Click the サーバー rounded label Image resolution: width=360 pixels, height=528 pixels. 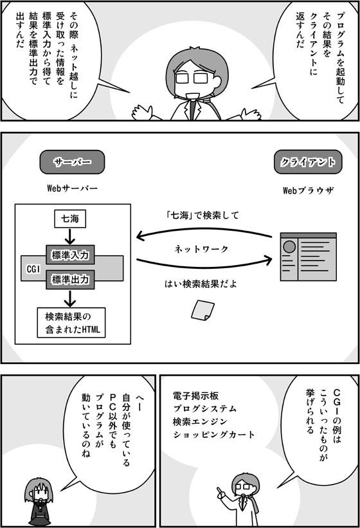[x=72, y=162]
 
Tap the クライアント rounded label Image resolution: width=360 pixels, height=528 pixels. [x=308, y=162]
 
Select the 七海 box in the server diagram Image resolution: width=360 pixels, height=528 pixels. [x=70, y=219]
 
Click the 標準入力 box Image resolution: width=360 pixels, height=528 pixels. [x=70, y=255]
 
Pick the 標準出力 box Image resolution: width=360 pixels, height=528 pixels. [x=70, y=280]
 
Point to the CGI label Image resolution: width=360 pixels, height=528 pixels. [x=33, y=269]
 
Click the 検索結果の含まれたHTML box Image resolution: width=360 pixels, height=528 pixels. [x=71, y=323]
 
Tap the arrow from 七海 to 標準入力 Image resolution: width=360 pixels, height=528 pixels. [x=70, y=237]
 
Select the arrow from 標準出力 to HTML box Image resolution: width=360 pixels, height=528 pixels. [x=70, y=298]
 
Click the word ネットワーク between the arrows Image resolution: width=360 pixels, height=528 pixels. [x=201, y=249]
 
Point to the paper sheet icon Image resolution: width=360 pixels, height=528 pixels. [x=203, y=310]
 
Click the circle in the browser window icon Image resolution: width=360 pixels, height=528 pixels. [x=289, y=247]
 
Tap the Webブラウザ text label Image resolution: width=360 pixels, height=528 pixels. [x=308, y=190]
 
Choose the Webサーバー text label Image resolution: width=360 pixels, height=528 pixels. [x=72, y=188]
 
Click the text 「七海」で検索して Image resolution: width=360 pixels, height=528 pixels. [x=203, y=215]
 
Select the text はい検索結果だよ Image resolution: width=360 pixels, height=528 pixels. [x=201, y=284]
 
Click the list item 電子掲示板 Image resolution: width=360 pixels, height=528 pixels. [x=195, y=396]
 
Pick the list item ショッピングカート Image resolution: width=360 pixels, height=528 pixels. [x=213, y=435]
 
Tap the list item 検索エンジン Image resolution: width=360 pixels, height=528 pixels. [x=200, y=422]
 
